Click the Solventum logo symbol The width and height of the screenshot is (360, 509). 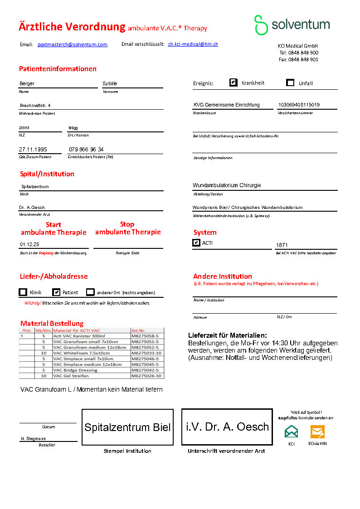[261, 25]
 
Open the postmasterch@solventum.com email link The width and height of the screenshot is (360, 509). [73, 44]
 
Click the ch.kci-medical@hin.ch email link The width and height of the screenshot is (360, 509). [193, 44]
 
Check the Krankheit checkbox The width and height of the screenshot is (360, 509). [234, 82]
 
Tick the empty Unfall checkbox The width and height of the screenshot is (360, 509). [291, 82]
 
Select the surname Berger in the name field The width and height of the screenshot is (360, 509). [27, 83]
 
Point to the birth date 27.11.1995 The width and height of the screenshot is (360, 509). [33, 150]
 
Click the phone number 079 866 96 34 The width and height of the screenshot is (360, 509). [86, 150]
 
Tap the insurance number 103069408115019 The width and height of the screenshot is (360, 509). [299, 105]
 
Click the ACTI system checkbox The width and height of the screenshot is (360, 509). [196, 243]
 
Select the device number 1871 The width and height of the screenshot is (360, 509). [282, 245]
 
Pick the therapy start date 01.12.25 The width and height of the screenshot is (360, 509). [29, 244]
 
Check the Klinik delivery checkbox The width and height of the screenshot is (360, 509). [23, 292]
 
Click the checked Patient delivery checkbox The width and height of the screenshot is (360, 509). [56, 292]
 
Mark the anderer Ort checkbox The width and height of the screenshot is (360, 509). [91, 292]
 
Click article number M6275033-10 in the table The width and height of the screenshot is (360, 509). [146, 353]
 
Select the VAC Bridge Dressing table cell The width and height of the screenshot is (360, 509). [75, 370]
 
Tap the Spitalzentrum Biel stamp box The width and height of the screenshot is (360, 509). [127, 427]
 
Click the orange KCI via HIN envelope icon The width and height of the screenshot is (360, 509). [317, 431]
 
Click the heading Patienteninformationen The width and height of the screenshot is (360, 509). [58, 69]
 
